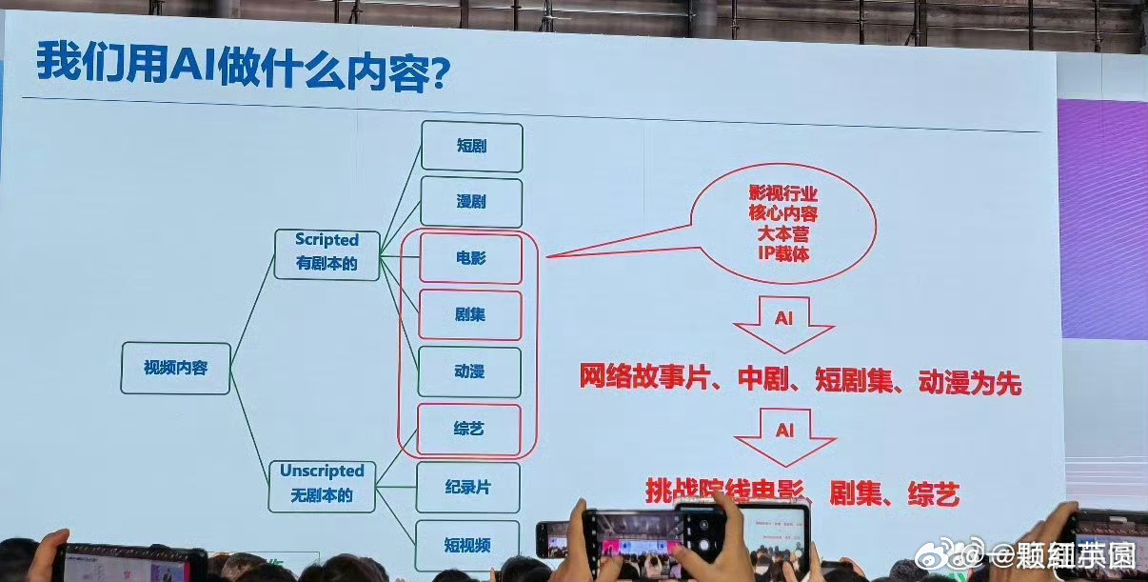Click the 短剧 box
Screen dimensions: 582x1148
tap(471, 147)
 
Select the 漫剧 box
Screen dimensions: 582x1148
tap(471, 202)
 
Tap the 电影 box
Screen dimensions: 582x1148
tap(470, 258)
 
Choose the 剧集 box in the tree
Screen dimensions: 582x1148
tap(470, 314)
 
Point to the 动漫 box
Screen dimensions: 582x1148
tap(469, 371)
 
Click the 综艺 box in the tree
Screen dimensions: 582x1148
tap(469, 429)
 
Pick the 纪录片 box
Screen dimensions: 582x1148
tap(468, 487)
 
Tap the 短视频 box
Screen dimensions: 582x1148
tap(467, 545)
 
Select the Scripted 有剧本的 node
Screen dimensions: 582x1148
tap(327, 252)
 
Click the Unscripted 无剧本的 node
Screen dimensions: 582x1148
tap(322, 483)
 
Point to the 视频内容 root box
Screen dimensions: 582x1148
tap(175, 368)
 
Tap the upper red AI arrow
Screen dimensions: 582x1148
tap(783, 323)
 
